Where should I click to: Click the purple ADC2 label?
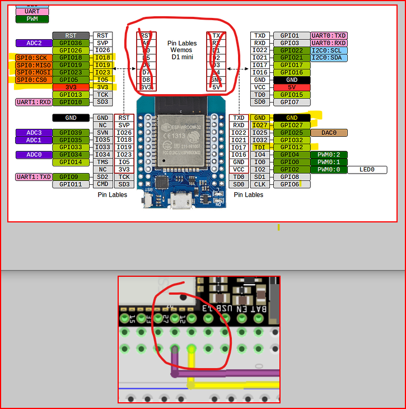pyautogui.click(x=34, y=43)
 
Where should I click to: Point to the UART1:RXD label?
pyautogui.click(x=34, y=102)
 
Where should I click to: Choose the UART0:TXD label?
pyautogui.click(x=329, y=36)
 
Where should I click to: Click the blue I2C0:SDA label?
pyautogui.click(x=329, y=58)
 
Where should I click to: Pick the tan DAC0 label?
pyautogui.click(x=329, y=133)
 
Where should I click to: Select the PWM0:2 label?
pyautogui.click(x=329, y=155)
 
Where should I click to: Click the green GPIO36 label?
pyautogui.click(x=71, y=43)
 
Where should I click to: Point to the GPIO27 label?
pyautogui.click(x=292, y=126)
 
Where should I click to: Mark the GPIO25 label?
pyautogui.click(x=292, y=133)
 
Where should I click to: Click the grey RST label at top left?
pyautogui.click(x=71, y=36)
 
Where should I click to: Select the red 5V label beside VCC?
pyautogui.click(x=292, y=87)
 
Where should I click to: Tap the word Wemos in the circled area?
pyautogui.click(x=181, y=50)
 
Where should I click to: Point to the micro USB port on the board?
pyautogui.click(x=182, y=199)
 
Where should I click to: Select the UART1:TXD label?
pyautogui.click(x=34, y=177)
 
